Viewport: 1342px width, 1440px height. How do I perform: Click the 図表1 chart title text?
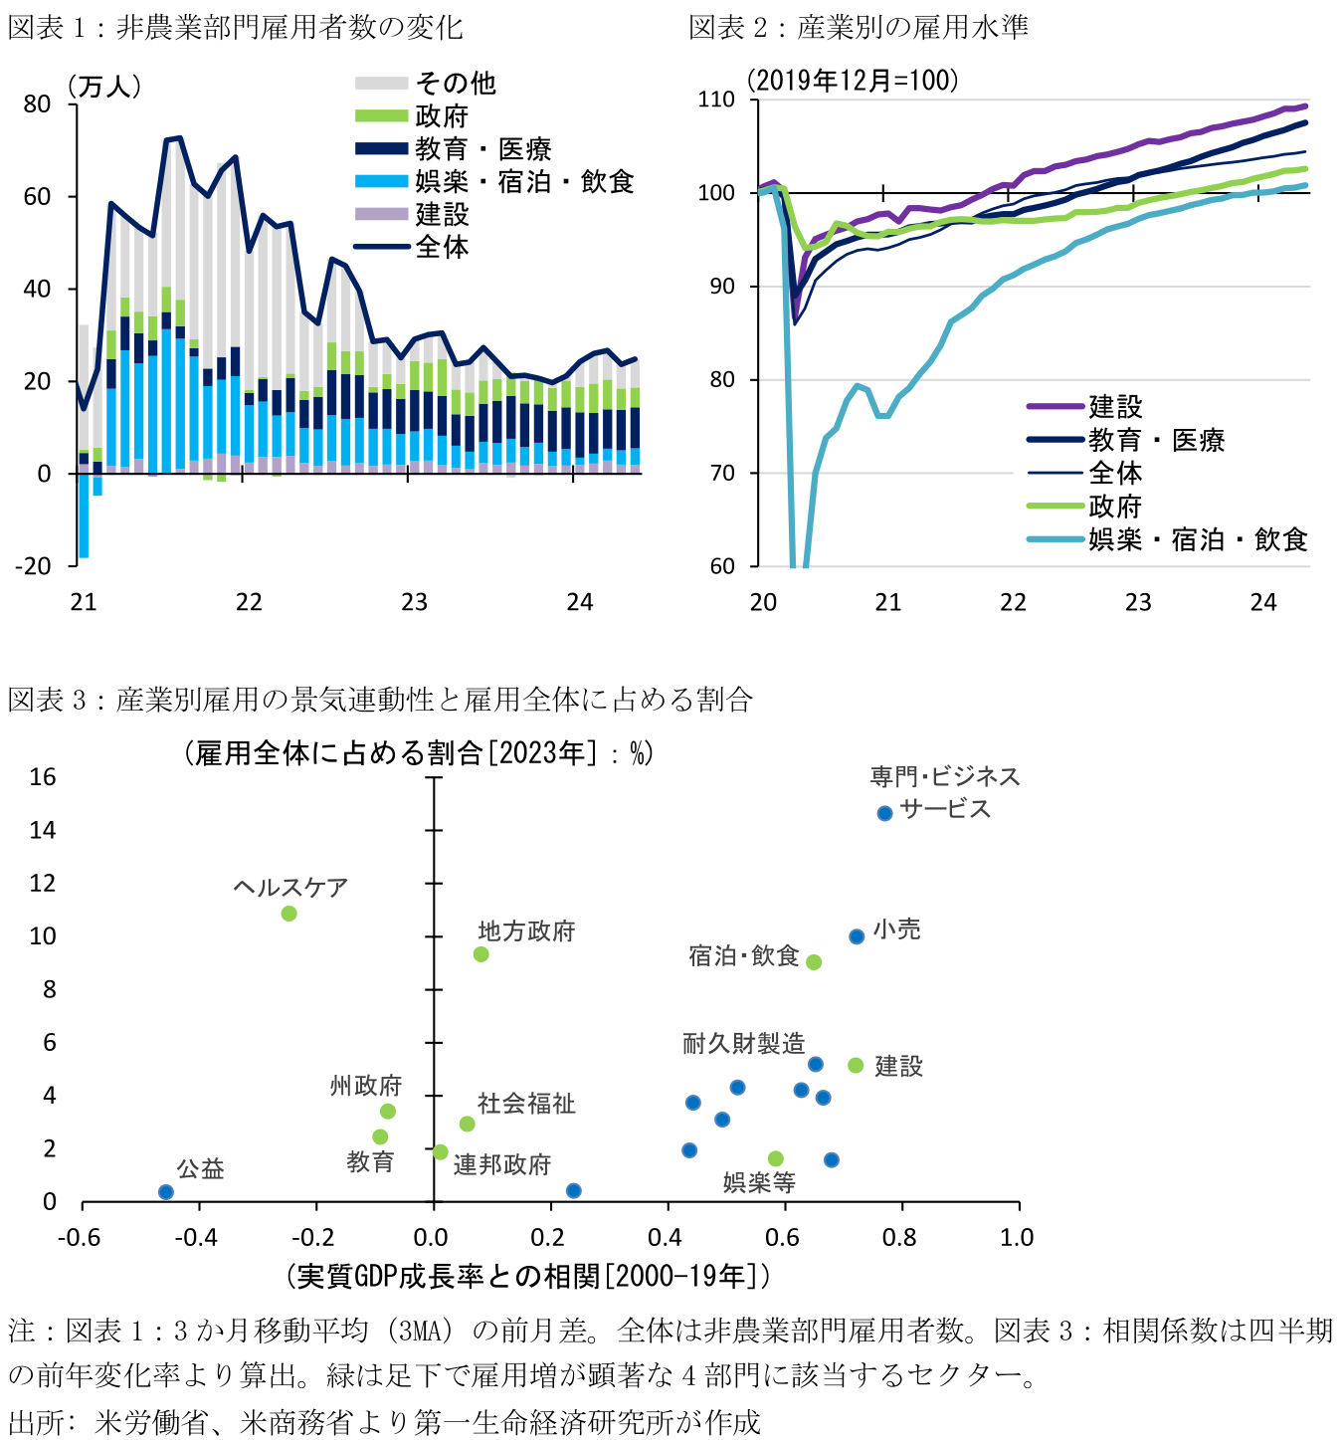pos(235,27)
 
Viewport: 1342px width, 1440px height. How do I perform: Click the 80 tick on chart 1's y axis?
pos(37,104)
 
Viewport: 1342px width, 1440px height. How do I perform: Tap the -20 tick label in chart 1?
pos(33,566)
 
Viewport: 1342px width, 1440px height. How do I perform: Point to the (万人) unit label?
pos(104,87)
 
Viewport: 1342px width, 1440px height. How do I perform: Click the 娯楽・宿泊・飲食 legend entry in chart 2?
pos(1197,539)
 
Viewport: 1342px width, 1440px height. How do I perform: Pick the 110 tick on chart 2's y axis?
pos(716,100)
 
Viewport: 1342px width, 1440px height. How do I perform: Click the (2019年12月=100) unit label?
pos(853,81)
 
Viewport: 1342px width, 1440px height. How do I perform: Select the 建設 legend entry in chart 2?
pos(1115,406)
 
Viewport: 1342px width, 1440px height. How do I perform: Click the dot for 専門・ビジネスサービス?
pos(884,813)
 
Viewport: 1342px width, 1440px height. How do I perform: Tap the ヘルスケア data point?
pos(288,914)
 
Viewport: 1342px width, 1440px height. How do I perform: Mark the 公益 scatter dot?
pos(166,1192)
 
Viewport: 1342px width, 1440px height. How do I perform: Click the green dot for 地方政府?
pos(480,954)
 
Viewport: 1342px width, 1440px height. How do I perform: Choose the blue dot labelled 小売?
pos(857,936)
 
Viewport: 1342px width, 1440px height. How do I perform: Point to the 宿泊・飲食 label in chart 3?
pos(743,956)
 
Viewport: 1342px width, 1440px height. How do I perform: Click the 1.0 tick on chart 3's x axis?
pos(1017,1237)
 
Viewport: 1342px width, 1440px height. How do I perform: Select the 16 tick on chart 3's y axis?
pos(43,777)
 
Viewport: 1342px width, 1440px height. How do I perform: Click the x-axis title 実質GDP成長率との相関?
pos(527,1275)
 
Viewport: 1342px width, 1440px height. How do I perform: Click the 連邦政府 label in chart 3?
pos(502,1164)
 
